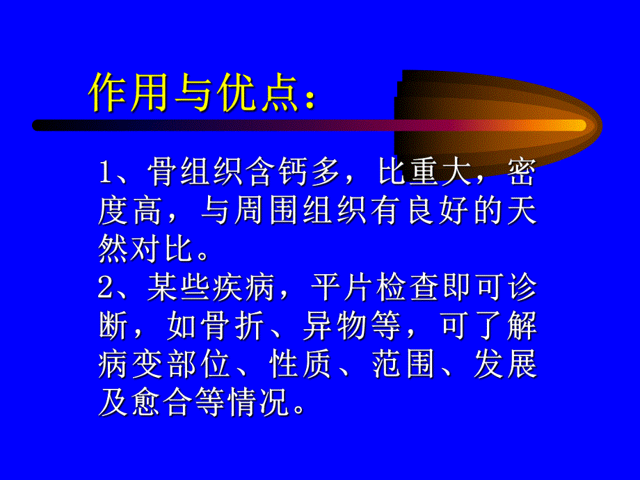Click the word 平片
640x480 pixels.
[335, 287]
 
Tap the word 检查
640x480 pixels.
[403, 287]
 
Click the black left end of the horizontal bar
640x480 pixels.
[42, 125]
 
